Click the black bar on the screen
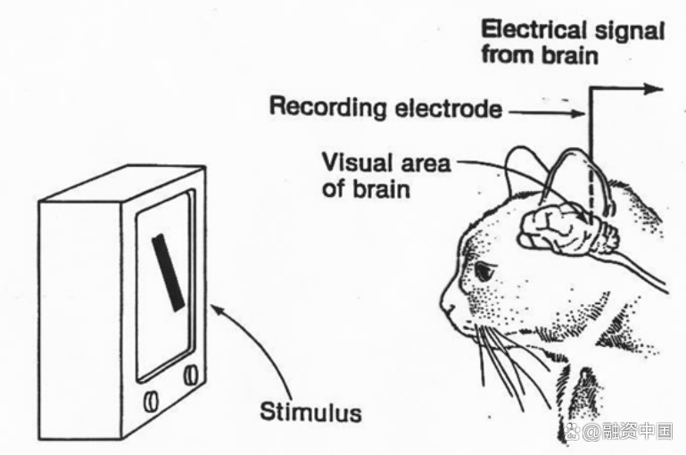[167, 271]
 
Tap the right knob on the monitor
[190, 375]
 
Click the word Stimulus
[310, 412]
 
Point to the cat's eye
[484, 271]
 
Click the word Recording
[329, 108]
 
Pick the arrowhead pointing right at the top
[655, 88]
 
